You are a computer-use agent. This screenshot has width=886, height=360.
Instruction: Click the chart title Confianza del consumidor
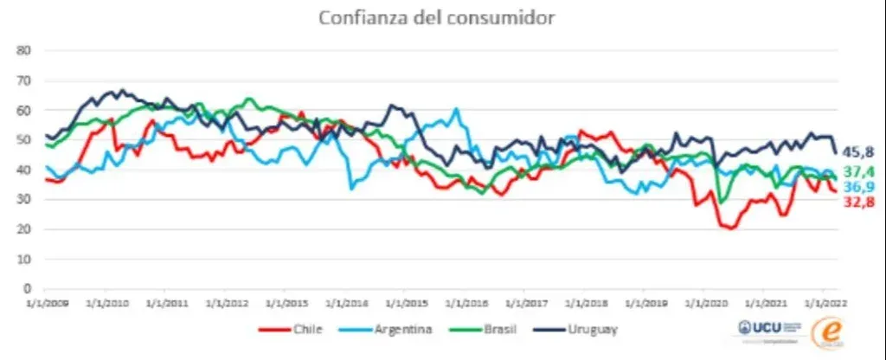(436, 18)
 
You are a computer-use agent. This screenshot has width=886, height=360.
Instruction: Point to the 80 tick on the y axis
(25, 50)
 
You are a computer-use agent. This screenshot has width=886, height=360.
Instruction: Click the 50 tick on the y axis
(25, 139)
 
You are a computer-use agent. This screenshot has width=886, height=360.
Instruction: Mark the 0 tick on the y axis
(28, 288)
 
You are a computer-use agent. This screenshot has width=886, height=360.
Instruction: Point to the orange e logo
(829, 332)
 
